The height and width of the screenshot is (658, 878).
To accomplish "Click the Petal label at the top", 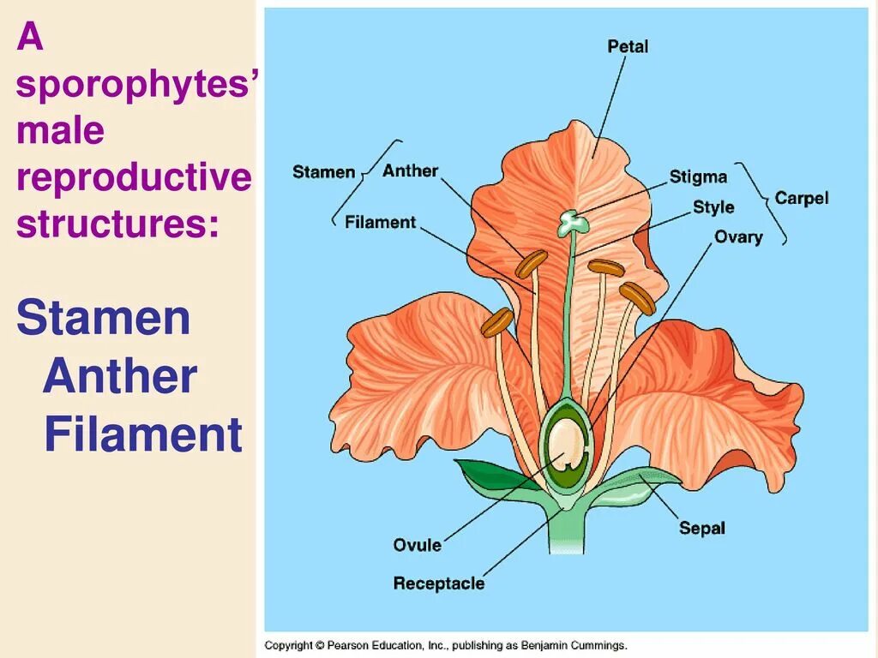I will (628, 45).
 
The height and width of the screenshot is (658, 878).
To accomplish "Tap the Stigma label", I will (698, 177).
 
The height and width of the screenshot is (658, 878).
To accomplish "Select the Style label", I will (713, 206).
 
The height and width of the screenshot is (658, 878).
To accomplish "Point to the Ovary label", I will (738, 236).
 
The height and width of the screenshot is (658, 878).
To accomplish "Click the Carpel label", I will (802, 198).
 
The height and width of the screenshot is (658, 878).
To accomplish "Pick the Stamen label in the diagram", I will (323, 171).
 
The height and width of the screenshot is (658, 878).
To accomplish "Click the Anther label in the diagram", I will (410, 170).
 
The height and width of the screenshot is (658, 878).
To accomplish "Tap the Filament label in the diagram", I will (380, 222).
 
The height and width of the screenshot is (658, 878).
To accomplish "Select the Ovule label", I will (417, 545).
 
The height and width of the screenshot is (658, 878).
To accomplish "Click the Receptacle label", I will (438, 583).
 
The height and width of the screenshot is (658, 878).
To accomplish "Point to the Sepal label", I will (701, 528).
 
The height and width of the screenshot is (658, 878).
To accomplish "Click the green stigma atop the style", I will (573, 223).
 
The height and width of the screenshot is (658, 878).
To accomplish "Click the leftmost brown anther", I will (496, 322).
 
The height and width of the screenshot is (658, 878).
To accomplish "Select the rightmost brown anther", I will (638, 297).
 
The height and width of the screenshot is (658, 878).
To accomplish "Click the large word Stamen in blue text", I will (103, 319).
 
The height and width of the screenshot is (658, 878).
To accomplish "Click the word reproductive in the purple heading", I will (134, 177).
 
